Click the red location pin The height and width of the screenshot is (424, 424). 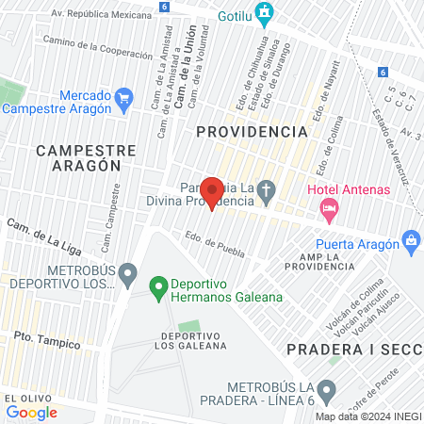pyautogui.click(x=212, y=191)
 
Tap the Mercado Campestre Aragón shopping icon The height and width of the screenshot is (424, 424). pyautogui.click(x=122, y=97)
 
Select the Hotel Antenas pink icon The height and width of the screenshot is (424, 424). pyautogui.click(x=329, y=212)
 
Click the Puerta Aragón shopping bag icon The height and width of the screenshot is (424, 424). pyautogui.click(x=410, y=240)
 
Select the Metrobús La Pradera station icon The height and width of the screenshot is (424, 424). pyautogui.click(x=326, y=389)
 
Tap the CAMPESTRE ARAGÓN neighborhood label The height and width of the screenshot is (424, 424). pyautogui.click(x=79, y=157)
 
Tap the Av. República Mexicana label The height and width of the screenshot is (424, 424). pyautogui.click(x=101, y=15)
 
